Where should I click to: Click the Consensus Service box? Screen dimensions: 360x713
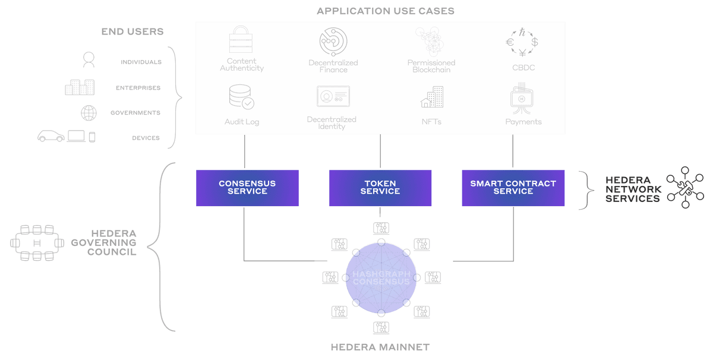247,188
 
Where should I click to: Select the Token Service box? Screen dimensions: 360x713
380,188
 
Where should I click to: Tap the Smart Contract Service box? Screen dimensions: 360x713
513,188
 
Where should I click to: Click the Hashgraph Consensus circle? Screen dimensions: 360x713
381,277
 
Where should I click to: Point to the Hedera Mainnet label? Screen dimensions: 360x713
380,347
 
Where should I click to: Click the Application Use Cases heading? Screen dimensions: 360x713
386,11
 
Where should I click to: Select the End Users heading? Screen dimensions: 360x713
132,31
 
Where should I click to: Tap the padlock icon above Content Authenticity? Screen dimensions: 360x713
241,40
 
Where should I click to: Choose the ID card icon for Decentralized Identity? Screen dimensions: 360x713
333,97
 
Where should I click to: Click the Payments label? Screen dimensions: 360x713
523,122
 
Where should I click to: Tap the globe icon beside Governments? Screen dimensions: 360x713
89,113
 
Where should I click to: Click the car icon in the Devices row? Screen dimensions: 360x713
51,137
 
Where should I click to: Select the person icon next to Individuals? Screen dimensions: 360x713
89,60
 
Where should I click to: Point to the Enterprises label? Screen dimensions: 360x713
138,88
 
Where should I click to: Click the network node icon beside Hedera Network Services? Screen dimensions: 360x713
685,187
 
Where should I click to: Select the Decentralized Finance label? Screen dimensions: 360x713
333,66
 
